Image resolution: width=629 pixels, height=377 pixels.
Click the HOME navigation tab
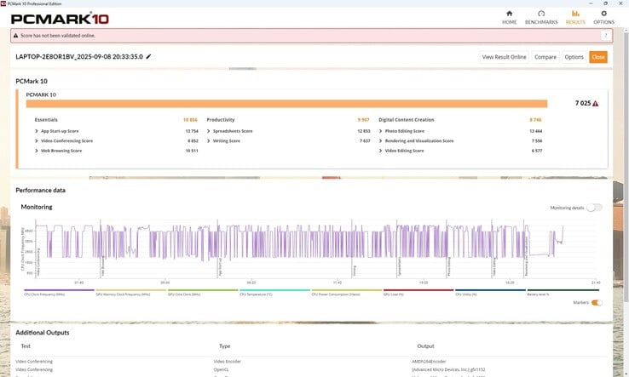point(510,17)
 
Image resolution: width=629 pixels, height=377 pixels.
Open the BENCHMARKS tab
point(540,17)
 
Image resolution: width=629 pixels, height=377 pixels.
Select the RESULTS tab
point(575,17)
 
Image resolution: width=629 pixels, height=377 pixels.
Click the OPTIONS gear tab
point(603,17)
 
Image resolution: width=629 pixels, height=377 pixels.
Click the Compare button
point(545,57)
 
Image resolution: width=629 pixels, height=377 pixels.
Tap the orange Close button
point(597,57)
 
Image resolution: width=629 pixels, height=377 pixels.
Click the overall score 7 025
point(583,103)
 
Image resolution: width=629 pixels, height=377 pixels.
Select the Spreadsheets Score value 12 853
point(363,131)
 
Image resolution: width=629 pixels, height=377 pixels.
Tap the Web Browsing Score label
point(61,150)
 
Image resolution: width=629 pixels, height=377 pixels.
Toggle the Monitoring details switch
point(594,208)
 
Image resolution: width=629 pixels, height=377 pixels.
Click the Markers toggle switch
point(596,302)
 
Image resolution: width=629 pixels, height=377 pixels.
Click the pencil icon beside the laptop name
point(149,56)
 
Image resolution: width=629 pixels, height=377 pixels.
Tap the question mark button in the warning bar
point(605,36)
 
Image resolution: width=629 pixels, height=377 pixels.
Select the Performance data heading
point(40,190)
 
